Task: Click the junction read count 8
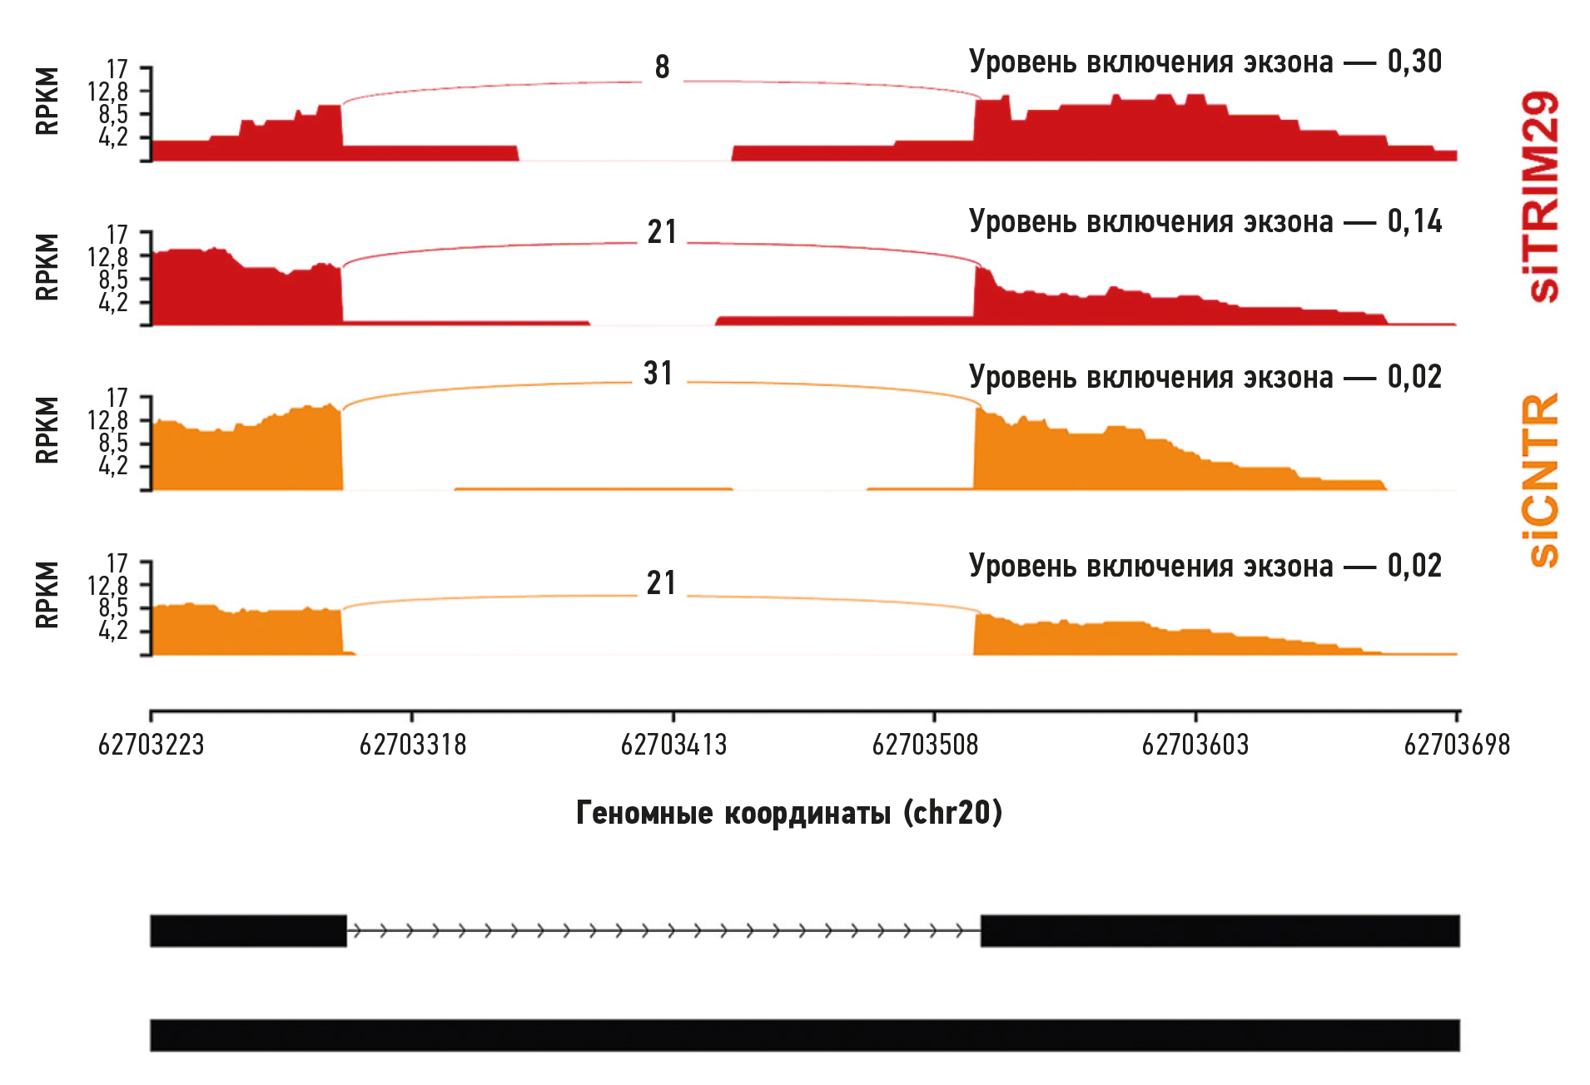[662, 67]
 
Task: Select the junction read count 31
[658, 374]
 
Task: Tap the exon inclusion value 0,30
[1414, 62]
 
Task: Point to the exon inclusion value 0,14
[1414, 221]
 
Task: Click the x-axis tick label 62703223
[151, 745]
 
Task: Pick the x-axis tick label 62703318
[412, 745]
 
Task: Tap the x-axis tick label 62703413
[673, 745]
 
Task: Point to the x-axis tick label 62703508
[925, 745]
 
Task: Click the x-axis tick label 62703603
[1195, 745]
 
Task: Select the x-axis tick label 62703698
[1456, 745]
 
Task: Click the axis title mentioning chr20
[789, 813]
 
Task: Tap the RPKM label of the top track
[47, 102]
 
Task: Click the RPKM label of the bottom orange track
[47, 595]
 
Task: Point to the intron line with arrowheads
[663, 930]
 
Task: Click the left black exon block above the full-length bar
[248, 930]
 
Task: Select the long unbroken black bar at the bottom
[804, 1035]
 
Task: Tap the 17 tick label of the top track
[117, 69]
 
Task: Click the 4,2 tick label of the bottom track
[113, 632]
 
